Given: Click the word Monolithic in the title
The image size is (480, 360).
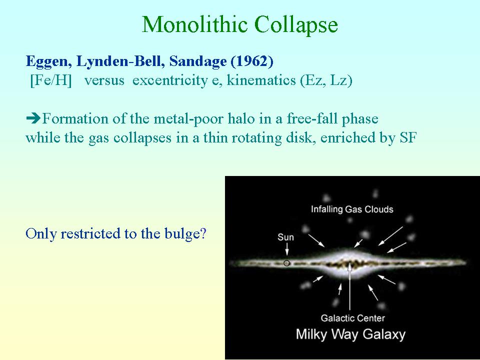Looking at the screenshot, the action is (x=194, y=24).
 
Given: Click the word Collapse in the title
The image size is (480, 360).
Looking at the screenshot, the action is (x=296, y=25).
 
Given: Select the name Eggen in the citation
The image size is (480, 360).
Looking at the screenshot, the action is (x=49, y=62).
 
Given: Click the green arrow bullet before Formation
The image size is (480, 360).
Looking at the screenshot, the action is (x=33, y=118).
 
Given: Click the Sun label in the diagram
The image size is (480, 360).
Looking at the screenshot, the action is (x=285, y=237).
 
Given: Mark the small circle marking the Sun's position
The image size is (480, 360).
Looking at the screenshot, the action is (x=286, y=263).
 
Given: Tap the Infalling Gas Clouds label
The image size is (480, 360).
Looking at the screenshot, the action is (x=352, y=209).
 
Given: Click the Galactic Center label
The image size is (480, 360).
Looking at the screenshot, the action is (x=352, y=318).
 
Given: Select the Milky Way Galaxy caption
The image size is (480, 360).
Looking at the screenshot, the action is (x=350, y=334).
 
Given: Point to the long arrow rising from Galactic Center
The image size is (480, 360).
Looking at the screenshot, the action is (x=350, y=286).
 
